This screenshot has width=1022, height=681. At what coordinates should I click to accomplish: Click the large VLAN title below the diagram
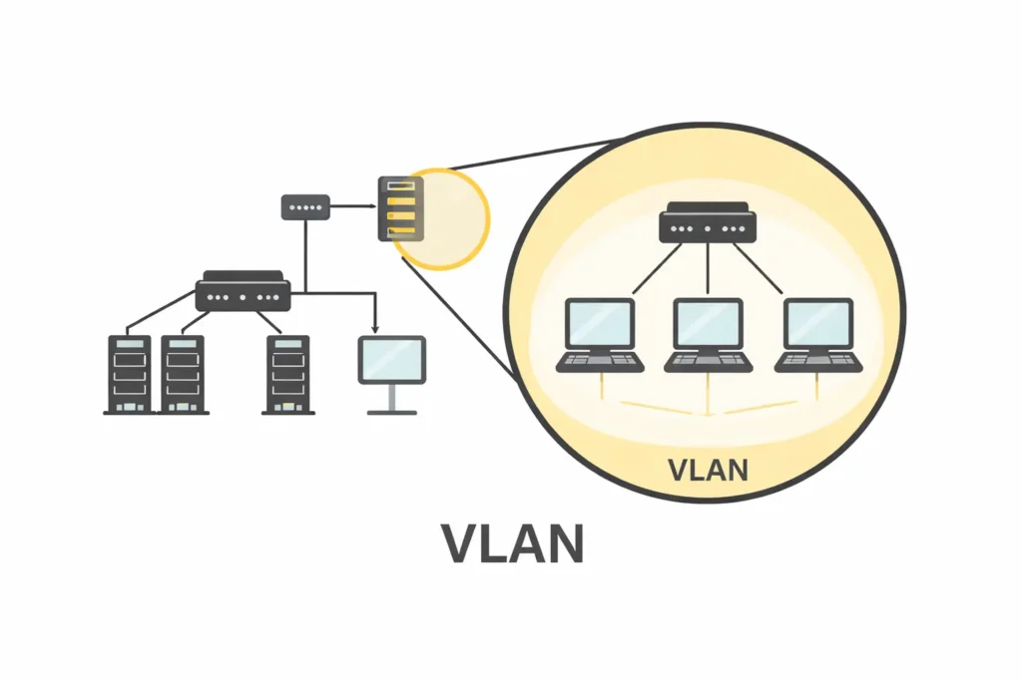coord(512,543)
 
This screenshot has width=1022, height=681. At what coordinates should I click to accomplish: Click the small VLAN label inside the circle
coord(707,469)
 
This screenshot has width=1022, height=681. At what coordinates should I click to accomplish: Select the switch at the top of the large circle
coord(708,222)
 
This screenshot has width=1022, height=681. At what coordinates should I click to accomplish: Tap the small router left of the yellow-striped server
coord(304,207)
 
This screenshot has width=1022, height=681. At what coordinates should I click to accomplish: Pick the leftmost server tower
coord(129,374)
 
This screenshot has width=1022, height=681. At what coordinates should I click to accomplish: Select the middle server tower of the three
coord(183,374)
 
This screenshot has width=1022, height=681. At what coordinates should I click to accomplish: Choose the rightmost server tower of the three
coord(288,374)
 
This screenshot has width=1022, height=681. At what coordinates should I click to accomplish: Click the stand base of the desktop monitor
coord(391,411)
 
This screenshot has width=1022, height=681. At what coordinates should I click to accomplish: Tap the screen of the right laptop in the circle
coord(817,323)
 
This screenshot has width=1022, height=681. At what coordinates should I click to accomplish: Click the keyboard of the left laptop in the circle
coord(599,361)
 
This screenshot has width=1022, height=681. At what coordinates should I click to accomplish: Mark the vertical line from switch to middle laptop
coord(708,269)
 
